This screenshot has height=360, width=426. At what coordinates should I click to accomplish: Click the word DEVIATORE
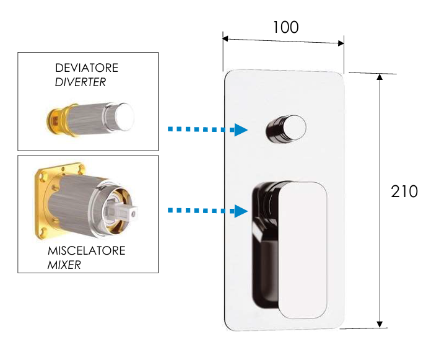point(87,68)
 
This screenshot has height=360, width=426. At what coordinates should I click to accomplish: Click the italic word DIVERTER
point(80,82)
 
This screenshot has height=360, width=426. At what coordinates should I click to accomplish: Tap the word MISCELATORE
point(86,251)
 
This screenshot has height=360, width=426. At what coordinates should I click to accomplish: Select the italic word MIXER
point(64,265)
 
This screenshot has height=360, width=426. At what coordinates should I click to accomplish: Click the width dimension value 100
point(285,27)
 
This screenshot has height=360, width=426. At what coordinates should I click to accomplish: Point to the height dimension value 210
point(404,192)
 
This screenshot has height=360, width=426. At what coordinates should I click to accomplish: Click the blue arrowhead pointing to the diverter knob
point(240,130)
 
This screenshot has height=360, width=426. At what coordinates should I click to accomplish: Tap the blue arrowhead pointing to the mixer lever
point(240,211)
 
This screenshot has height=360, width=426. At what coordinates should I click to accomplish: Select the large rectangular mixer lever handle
point(302,248)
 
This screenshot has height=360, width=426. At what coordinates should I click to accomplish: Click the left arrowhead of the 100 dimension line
point(227,40)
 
